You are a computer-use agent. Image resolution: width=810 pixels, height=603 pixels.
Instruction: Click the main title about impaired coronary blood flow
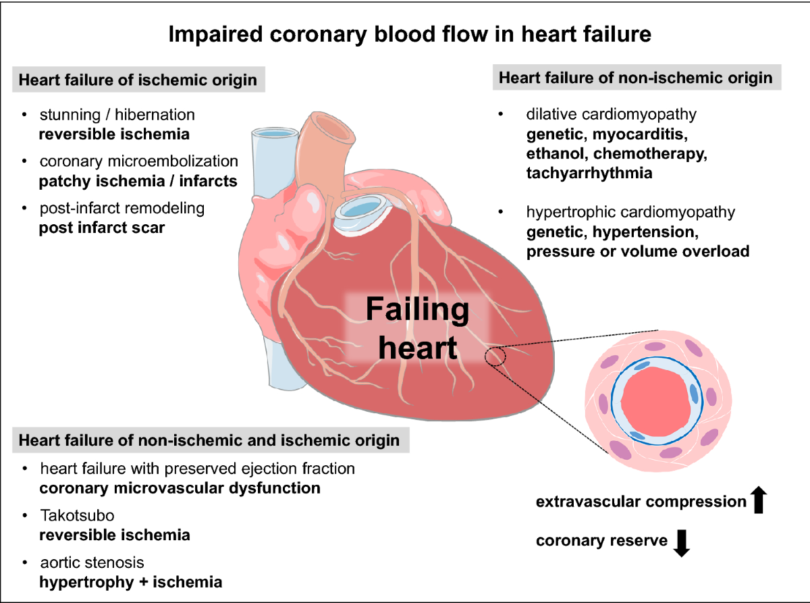pyautogui.click(x=410, y=34)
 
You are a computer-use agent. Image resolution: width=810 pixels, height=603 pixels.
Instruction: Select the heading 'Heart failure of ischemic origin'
pyautogui.click(x=138, y=80)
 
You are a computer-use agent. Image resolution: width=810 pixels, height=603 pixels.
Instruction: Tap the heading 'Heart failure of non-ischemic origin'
pyautogui.click(x=635, y=78)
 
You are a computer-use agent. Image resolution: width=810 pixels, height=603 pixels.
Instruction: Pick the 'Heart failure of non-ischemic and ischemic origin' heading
pyautogui.click(x=209, y=441)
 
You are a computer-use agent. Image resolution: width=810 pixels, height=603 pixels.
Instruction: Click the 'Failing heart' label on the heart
pyautogui.click(x=417, y=329)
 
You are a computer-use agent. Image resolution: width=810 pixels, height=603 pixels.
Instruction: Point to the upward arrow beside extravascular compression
pyautogui.click(x=759, y=500)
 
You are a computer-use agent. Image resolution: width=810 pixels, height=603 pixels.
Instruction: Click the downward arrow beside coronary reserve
pyautogui.click(x=682, y=542)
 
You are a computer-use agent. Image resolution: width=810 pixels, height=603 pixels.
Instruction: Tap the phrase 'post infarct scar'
pyautogui.click(x=102, y=228)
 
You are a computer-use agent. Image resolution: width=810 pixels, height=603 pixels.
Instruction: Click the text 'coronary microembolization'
pyautogui.click(x=138, y=161)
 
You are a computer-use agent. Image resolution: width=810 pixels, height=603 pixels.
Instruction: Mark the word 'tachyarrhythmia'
pyautogui.click(x=589, y=173)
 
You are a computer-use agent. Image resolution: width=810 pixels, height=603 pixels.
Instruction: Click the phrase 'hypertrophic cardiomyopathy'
pyautogui.click(x=630, y=212)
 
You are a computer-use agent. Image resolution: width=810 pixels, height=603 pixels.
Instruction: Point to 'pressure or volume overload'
pyautogui.click(x=638, y=251)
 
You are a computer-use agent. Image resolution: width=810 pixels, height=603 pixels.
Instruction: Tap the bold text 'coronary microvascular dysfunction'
pyautogui.click(x=180, y=488)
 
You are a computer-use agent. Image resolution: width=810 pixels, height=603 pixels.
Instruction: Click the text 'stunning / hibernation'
pyautogui.click(x=117, y=114)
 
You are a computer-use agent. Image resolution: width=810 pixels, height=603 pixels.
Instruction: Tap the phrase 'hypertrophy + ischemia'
pyautogui.click(x=130, y=581)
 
